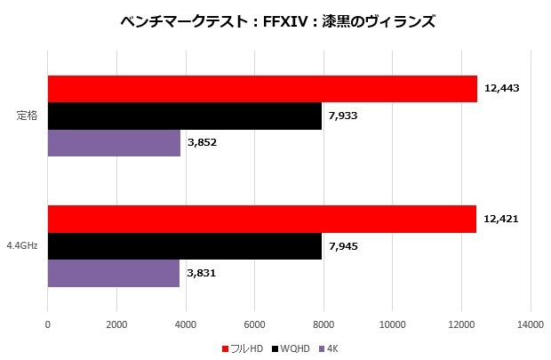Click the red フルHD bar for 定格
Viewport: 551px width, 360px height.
[x=262, y=89]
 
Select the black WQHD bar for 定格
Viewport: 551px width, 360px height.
[x=184, y=116]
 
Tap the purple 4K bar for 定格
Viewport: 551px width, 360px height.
[x=114, y=143]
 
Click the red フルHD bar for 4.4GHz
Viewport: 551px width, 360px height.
[x=261, y=219]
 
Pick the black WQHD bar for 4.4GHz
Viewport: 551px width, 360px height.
[x=184, y=245]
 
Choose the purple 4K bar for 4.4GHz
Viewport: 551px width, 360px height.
[x=113, y=273]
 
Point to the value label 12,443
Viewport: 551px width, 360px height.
[x=502, y=88]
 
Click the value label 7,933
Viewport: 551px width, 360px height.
[x=343, y=116]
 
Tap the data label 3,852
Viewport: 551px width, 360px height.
[x=203, y=143]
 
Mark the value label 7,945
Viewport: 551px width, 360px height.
[x=344, y=245]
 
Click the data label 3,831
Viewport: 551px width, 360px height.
[x=202, y=273]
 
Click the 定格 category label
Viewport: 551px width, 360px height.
[x=27, y=116]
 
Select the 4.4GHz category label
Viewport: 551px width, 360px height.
[x=21, y=246]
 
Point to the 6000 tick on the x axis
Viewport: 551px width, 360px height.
[x=255, y=325]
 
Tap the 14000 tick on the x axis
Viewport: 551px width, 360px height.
[x=531, y=325]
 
